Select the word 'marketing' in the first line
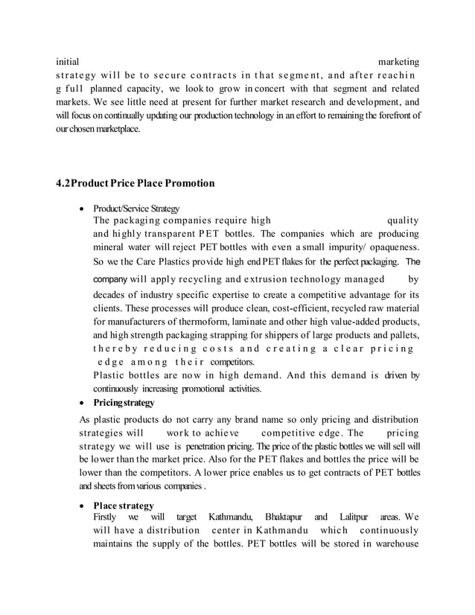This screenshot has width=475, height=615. (x=398, y=61)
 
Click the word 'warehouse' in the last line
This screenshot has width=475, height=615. (x=393, y=550)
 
